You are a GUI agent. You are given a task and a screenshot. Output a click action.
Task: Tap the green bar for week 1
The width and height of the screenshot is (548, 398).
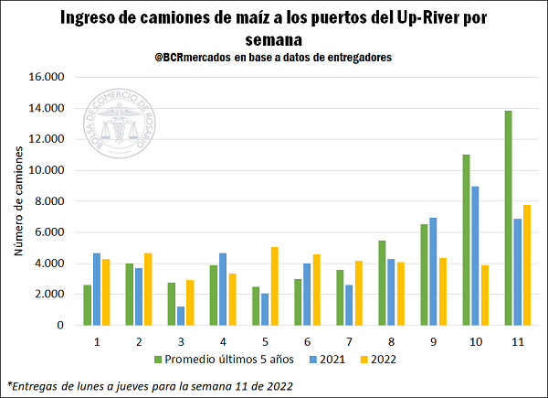[x=87, y=305]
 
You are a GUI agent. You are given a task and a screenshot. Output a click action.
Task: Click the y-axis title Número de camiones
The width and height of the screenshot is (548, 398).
[x=18, y=201]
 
